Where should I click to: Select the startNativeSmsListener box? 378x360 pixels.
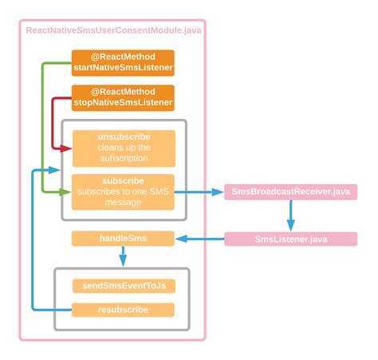pyautogui.click(x=123, y=63)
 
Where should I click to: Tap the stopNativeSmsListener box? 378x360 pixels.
pyautogui.click(x=123, y=97)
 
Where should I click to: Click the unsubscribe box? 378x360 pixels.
pyautogui.click(x=123, y=148)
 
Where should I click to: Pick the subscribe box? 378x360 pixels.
pyautogui.click(x=123, y=192)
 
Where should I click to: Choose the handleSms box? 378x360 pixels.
pyautogui.click(x=123, y=238)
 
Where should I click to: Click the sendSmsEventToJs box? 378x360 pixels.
pyautogui.click(x=123, y=285)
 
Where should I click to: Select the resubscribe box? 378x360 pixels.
pyautogui.click(x=123, y=309)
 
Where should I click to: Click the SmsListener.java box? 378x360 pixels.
pyautogui.click(x=290, y=239)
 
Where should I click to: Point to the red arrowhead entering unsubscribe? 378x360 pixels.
pyautogui.click(x=67, y=148)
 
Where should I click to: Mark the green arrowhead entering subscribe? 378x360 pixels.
pyautogui.click(x=67, y=192)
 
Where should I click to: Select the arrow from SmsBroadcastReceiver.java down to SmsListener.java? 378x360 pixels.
pyautogui.click(x=289, y=214)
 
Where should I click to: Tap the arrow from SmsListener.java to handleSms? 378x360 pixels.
pyautogui.click(x=199, y=239)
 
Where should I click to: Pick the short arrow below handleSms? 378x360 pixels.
pyautogui.click(x=123, y=256)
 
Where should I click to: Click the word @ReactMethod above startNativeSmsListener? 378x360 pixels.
pyautogui.click(x=123, y=57)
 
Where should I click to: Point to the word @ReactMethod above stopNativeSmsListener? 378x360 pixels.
pyautogui.click(x=123, y=91)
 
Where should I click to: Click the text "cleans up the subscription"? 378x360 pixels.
pyautogui.click(x=123, y=152)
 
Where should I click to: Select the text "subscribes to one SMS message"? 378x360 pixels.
pyautogui.click(x=123, y=196)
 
